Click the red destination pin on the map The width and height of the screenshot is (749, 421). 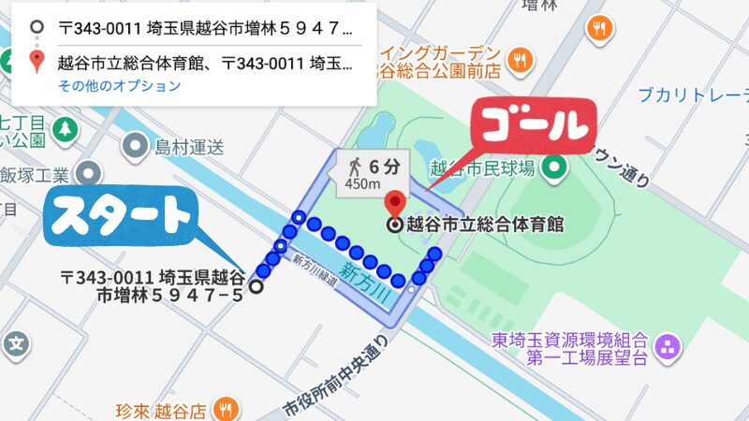(395, 204)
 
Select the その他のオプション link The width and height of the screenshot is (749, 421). (119, 86)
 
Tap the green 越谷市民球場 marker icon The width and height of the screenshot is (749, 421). (557, 168)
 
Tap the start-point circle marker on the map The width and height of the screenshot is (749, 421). (257, 287)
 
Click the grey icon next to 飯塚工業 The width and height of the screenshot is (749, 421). (90, 174)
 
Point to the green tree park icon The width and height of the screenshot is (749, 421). (66, 128)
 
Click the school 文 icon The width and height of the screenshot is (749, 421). (16, 343)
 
